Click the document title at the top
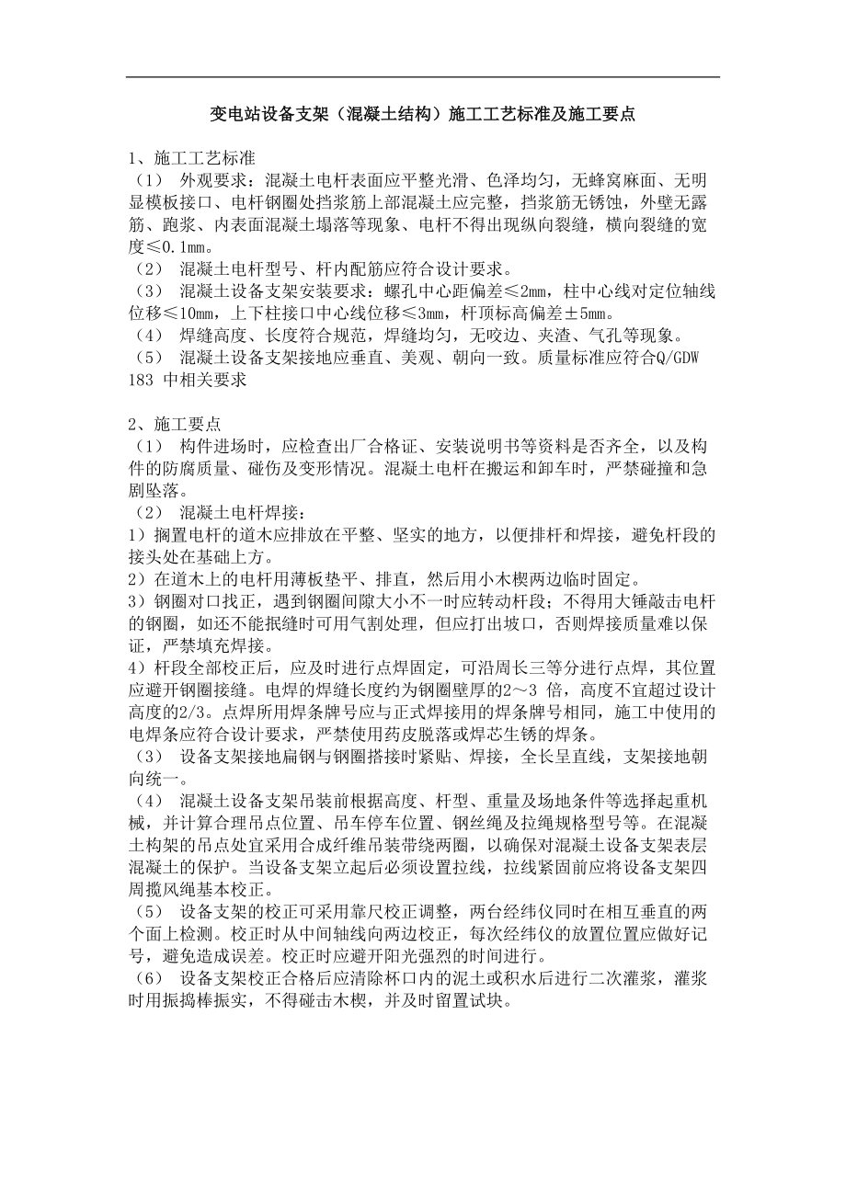pyautogui.click(x=422, y=116)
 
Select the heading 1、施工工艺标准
pyautogui.click(x=191, y=155)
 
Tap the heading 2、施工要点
pyautogui.click(x=174, y=424)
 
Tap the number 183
pyautogui.click(x=141, y=380)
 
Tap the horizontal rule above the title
pyautogui.click(x=422, y=77)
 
